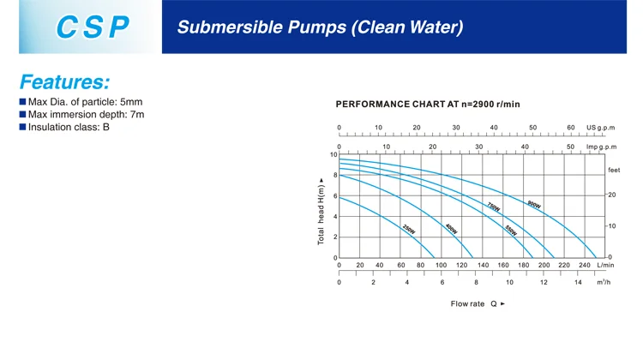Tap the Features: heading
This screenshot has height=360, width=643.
tap(64, 82)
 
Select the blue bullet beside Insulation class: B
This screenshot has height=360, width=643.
tap(23, 127)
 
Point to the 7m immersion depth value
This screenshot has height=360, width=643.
tap(136, 114)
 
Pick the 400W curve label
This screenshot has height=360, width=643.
tap(451, 229)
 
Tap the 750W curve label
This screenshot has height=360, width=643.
tap(493, 207)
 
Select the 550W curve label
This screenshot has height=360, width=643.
tap(510, 230)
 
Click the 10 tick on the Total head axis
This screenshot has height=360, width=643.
tap(334, 155)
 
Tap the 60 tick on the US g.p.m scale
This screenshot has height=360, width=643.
tap(571, 128)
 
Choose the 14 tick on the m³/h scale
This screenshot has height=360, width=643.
tap(578, 283)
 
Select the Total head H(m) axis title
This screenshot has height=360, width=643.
tap(321, 212)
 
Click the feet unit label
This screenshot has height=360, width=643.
tap(614, 171)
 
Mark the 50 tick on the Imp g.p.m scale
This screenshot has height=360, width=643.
tap(570, 147)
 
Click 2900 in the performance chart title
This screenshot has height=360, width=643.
tap(477, 104)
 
